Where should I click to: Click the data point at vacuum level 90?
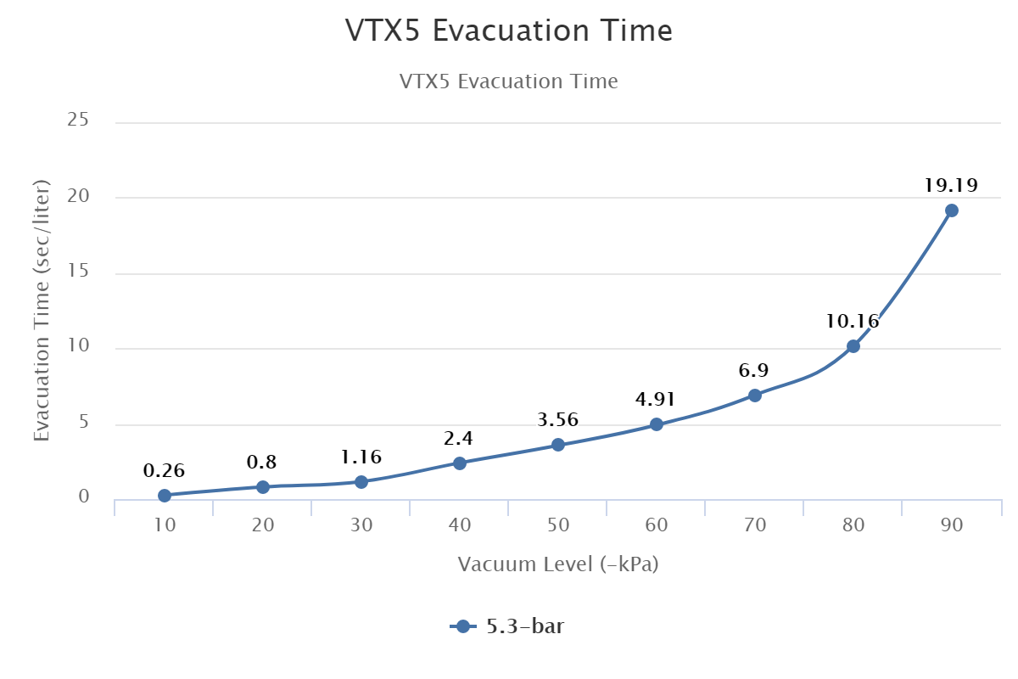pyautogui.click(x=952, y=210)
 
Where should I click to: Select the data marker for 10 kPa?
pyautogui.click(x=165, y=496)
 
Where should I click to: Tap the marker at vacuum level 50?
pyautogui.click(x=558, y=445)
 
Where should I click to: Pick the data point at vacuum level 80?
pyautogui.click(x=853, y=346)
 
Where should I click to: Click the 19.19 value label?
pyautogui.click(x=952, y=185)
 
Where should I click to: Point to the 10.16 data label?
pyautogui.click(x=853, y=322)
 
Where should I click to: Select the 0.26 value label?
pyautogui.click(x=165, y=471)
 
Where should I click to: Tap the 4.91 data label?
pyautogui.click(x=656, y=399)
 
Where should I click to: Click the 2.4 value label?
pyautogui.click(x=459, y=439)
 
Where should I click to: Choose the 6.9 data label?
pyautogui.click(x=754, y=371)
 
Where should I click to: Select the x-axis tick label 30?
pyautogui.click(x=361, y=525)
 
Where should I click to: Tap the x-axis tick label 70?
pyautogui.click(x=755, y=525)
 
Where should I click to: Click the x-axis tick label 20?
pyautogui.click(x=263, y=525)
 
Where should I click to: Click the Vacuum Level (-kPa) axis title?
pyautogui.click(x=558, y=564)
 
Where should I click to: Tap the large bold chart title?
pyautogui.click(x=509, y=31)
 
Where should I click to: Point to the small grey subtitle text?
pyautogui.click(x=509, y=81)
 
